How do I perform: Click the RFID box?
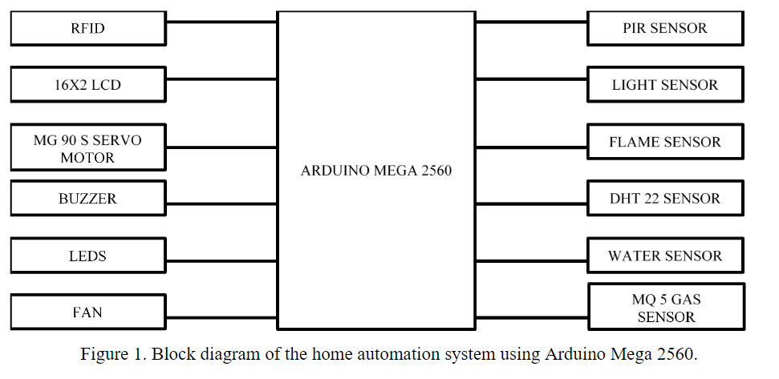tap(87, 29)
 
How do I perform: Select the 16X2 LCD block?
tap(87, 85)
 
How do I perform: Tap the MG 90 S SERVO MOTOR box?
tap(87, 148)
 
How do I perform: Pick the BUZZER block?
tap(87, 199)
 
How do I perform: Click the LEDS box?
tap(87, 256)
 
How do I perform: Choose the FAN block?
tap(87, 312)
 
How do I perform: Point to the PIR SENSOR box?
tap(665, 29)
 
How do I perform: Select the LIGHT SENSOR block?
tap(665, 85)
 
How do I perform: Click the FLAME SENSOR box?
tap(665, 143)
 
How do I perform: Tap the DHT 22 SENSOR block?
tap(665, 199)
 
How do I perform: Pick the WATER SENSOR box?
tap(665, 256)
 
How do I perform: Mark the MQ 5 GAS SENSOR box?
tap(666, 308)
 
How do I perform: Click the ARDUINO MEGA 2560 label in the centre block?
tap(376, 171)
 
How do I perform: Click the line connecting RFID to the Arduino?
tap(221, 22)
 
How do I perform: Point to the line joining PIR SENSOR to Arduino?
tap(531, 22)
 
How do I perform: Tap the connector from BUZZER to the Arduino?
tap(221, 204)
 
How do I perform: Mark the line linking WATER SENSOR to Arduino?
tap(531, 261)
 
